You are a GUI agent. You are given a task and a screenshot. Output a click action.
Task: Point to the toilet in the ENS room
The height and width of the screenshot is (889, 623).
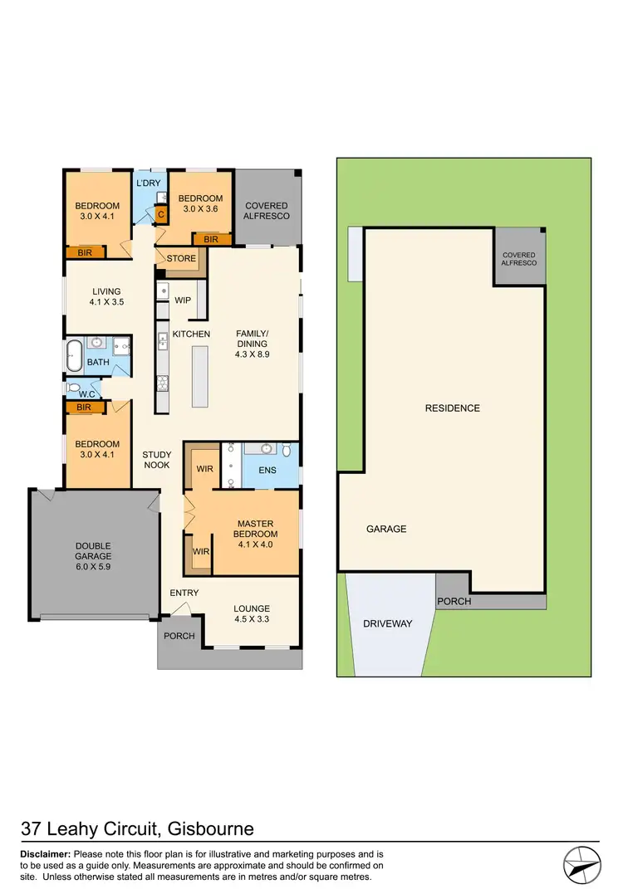pyautogui.click(x=287, y=451)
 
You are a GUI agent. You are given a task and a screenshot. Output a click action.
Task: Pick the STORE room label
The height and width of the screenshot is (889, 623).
pyautogui.click(x=181, y=258)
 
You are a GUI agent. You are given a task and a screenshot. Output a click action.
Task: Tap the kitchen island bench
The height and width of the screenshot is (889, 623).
pyautogui.click(x=199, y=377)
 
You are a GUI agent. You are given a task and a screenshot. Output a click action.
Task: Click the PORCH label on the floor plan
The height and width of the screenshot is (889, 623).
pyautogui.click(x=179, y=636)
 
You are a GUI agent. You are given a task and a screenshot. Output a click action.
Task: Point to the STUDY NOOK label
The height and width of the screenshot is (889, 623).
pyautogui.click(x=156, y=460)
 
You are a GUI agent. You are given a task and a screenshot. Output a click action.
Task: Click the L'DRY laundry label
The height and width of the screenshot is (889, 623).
pyautogui.click(x=148, y=183)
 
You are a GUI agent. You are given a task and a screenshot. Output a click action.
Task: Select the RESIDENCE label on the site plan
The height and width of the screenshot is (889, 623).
pyautogui.click(x=453, y=408)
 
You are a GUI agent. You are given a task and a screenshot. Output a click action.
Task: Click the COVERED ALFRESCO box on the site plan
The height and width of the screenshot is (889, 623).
pyautogui.click(x=518, y=259)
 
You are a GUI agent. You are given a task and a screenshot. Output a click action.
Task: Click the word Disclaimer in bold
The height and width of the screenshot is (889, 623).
pyautogui.click(x=46, y=854)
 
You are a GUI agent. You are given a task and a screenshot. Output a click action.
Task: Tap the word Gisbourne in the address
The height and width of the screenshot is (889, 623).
pyautogui.click(x=211, y=828)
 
